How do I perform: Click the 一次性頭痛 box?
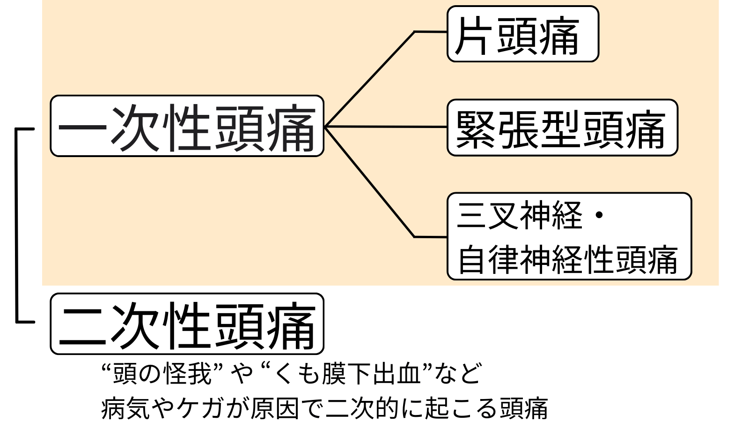click(x=187, y=126)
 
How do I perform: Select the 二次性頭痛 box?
click(x=187, y=324)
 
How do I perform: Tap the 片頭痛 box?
click(x=522, y=34)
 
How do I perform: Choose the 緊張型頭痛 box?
click(x=562, y=128)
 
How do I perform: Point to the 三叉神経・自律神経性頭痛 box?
click(x=569, y=236)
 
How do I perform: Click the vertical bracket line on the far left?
click(x=16, y=225)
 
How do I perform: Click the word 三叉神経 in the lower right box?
click(x=520, y=215)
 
